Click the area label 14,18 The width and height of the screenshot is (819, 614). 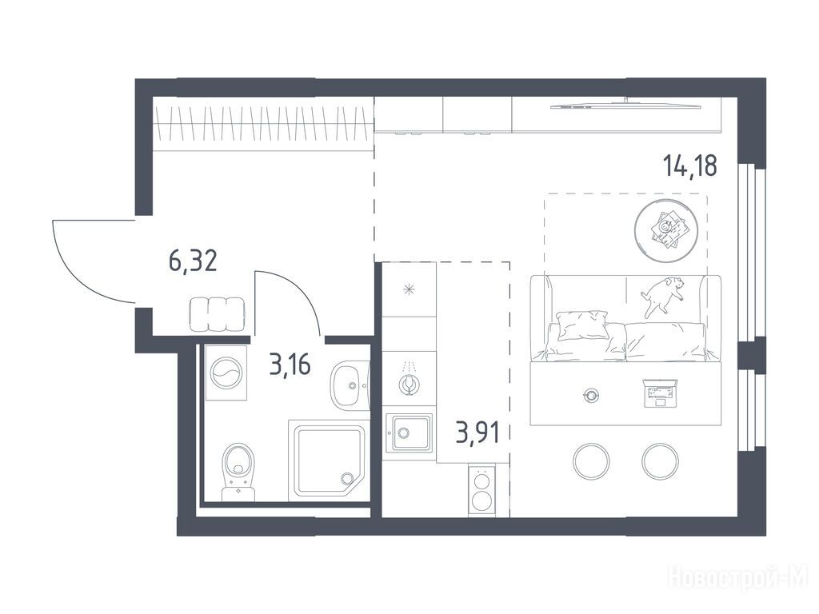pyautogui.click(x=690, y=165)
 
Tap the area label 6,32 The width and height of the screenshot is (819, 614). pyautogui.click(x=193, y=261)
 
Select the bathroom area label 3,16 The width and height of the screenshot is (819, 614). pyautogui.click(x=290, y=364)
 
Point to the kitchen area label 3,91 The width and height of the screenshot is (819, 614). pyautogui.click(x=477, y=433)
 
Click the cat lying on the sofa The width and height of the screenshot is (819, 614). pyautogui.click(x=662, y=295)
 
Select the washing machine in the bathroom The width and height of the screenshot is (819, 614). pyautogui.click(x=226, y=373)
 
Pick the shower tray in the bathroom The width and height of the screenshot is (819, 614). pyautogui.click(x=329, y=460)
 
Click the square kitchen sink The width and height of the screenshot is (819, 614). pyautogui.click(x=409, y=433)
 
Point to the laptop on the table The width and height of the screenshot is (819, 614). pyautogui.click(x=659, y=393)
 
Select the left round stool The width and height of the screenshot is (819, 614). pyautogui.click(x=591, y=461)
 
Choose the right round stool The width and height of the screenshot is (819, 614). pyautogui.click(x=660, y=461)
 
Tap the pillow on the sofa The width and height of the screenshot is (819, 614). pyautogui.click(x=582, y=325)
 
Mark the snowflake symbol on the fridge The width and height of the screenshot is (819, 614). pyautogui.click(x=409, y=289)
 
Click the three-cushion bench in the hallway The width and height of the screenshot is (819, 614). pyautogui.click(x=217, y=314)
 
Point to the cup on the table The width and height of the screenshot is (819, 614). pyautogui.click(x=591, y=395)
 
